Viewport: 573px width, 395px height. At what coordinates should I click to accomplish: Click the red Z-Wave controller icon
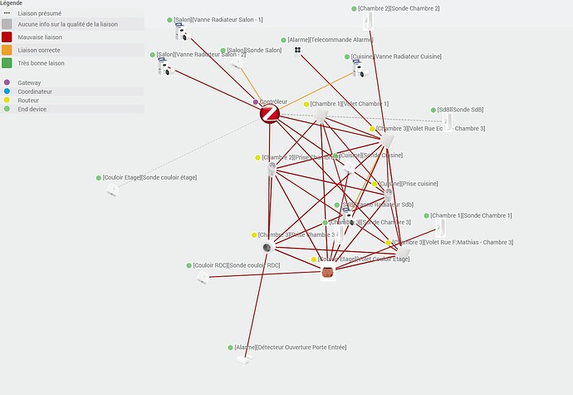pos(269,115)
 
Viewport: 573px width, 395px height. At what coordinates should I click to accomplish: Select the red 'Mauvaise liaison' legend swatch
pos(7,37)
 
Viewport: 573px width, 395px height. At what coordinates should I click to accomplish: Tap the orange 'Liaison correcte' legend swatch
pos(7,50)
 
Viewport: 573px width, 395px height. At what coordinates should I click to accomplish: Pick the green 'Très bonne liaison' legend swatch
pos(7,63)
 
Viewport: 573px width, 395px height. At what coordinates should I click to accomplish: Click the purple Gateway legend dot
pos(7,82)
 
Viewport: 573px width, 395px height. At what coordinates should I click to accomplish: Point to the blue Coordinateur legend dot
pos(7,91)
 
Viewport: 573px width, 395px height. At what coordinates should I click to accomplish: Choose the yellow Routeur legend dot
pos(7,100)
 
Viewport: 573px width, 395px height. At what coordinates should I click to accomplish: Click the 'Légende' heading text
pos(12,4)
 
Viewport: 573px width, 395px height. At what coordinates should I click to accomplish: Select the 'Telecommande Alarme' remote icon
pos(297,50)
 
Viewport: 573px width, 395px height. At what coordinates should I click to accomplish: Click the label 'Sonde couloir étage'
pos(149,177)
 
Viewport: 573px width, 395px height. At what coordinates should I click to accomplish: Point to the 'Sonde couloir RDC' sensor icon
pos(202,277)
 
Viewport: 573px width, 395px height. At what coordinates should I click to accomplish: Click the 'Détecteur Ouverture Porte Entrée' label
pos(290,347)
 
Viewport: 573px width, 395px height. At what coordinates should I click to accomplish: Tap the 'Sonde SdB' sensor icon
pos(447,121)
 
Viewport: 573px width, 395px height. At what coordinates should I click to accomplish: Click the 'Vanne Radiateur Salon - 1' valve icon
pos(183,32)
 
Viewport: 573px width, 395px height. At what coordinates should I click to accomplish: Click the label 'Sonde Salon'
pos(252,51)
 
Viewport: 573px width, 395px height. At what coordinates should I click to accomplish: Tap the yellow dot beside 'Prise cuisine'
pos(375,184)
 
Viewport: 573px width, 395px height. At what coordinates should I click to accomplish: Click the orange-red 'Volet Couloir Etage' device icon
pos(327,272)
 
